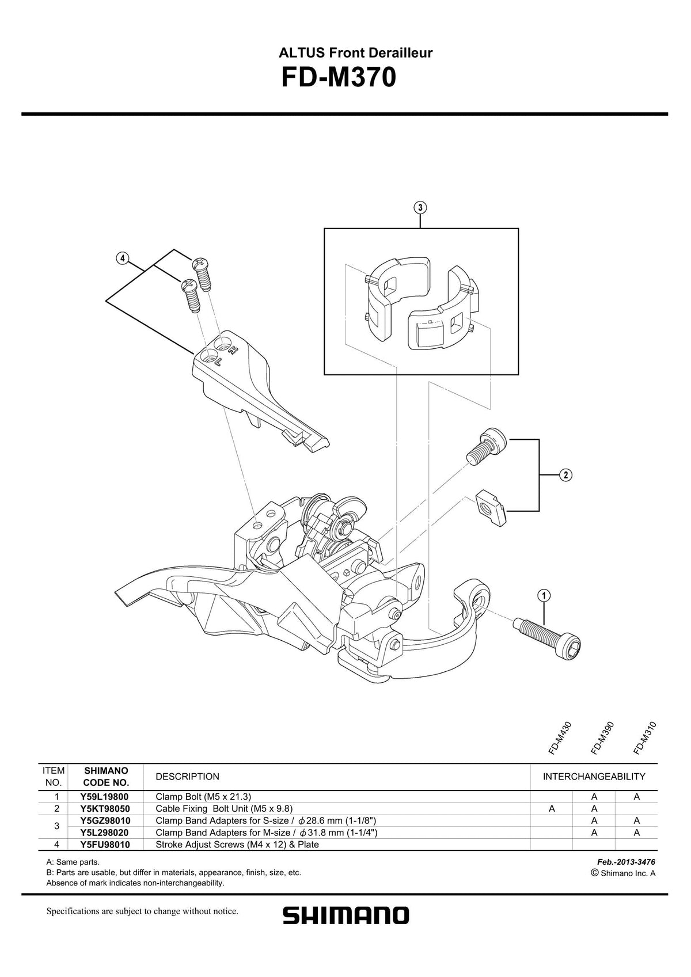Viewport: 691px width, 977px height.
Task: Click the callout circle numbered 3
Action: [x=420, y=207]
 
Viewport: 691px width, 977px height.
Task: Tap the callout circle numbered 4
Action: [x=122, y=258]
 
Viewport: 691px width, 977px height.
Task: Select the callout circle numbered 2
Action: [x=565, y=475]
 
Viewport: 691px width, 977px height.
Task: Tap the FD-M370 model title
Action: [x=339, y=78]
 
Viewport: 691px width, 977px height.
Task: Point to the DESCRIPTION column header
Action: [x=187, y=777]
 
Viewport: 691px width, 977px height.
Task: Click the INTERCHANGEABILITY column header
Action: [x=594, y=777]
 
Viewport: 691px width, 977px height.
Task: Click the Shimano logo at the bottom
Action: [x=345, y=915]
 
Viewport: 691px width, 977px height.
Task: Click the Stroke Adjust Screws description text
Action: [x=237, y=845]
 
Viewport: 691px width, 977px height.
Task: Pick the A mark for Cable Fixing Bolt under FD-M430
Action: [x=552, y=809]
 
